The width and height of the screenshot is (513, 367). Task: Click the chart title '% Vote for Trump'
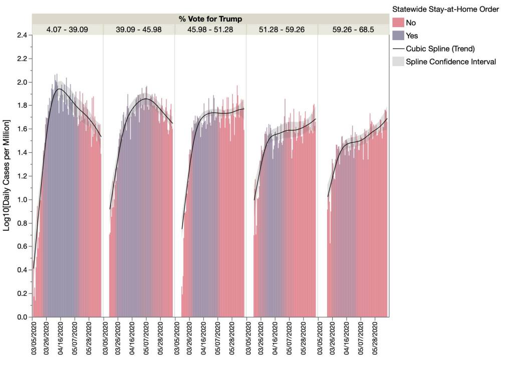click(x=210, y=19)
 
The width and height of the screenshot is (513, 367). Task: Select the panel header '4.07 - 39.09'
click(x=67, y=30)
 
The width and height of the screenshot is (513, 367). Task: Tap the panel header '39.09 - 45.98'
click(x=139, y=30)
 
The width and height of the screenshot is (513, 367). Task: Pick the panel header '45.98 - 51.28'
click(x=210, y=30)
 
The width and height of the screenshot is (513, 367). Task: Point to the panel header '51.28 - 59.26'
click(x=282, y=30)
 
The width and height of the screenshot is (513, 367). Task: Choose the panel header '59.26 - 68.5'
click(x=353, y=30)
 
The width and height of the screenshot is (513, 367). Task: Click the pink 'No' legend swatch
click(x=398, y=23)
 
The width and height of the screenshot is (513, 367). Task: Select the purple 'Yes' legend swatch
click(x=398, y=36)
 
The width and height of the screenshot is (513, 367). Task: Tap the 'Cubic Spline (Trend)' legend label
click(x=440, y=49)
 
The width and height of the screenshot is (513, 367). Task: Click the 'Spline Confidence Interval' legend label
click(x=451, y=62)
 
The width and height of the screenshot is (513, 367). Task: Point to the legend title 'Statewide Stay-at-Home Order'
click(x=445, y=10)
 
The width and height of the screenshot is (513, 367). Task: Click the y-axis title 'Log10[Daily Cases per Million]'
click(x=7, y=175)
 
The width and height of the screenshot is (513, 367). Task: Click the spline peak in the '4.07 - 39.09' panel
click(x=60, y=89)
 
